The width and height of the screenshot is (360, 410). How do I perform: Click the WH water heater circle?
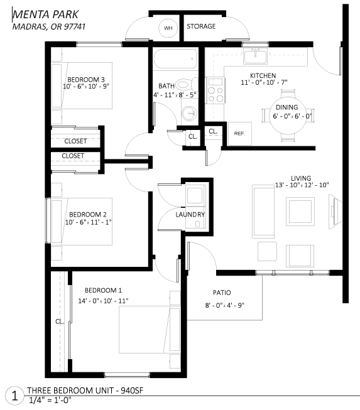[168, 28]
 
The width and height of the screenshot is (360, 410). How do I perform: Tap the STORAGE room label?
[201, 26]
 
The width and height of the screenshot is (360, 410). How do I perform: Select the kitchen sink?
[255, 56]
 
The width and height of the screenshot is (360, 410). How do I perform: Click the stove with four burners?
[215, 90]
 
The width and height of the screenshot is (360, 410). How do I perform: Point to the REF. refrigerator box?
[240, 133]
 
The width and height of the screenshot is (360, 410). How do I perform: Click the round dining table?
[288, 116]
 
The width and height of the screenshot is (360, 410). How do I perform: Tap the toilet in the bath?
[187, 84]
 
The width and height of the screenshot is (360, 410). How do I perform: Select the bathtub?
[175, 59]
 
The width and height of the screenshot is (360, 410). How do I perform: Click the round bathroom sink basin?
[189, 114]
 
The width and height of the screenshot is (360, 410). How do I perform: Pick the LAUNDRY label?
[190, 215]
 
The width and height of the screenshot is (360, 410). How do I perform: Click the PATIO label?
[222, 293]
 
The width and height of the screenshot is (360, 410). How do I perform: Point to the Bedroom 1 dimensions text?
[103, 301]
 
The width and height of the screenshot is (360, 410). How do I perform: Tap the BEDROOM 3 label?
[86, 80]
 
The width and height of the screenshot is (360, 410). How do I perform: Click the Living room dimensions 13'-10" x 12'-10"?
[302, 185]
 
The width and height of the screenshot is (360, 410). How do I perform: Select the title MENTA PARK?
[45, 14]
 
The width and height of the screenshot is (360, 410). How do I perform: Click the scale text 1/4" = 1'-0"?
[50, 401]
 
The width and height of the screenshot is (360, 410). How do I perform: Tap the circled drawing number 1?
[15, 396]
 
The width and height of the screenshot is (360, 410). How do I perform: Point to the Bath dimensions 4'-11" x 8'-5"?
[175, 95]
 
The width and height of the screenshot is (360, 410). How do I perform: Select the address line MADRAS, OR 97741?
[49, 26]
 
